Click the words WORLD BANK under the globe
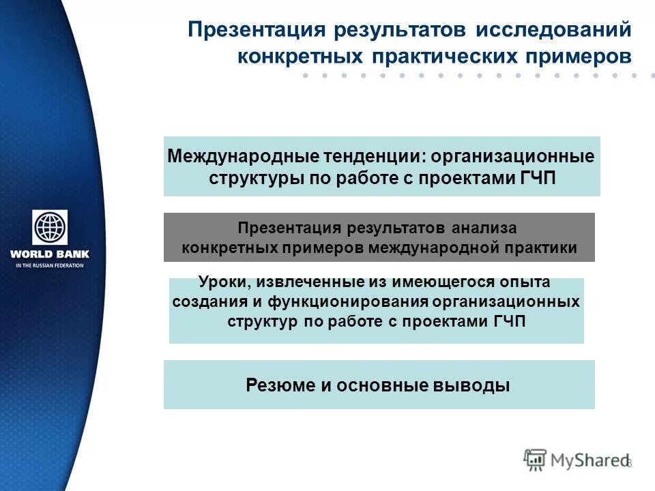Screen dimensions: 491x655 tap(50, 255)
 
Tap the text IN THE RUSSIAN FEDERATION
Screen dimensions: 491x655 tap(50, 265)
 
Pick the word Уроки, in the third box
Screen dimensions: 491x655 tap(221, 282)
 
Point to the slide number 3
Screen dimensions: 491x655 tap(629, 463)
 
